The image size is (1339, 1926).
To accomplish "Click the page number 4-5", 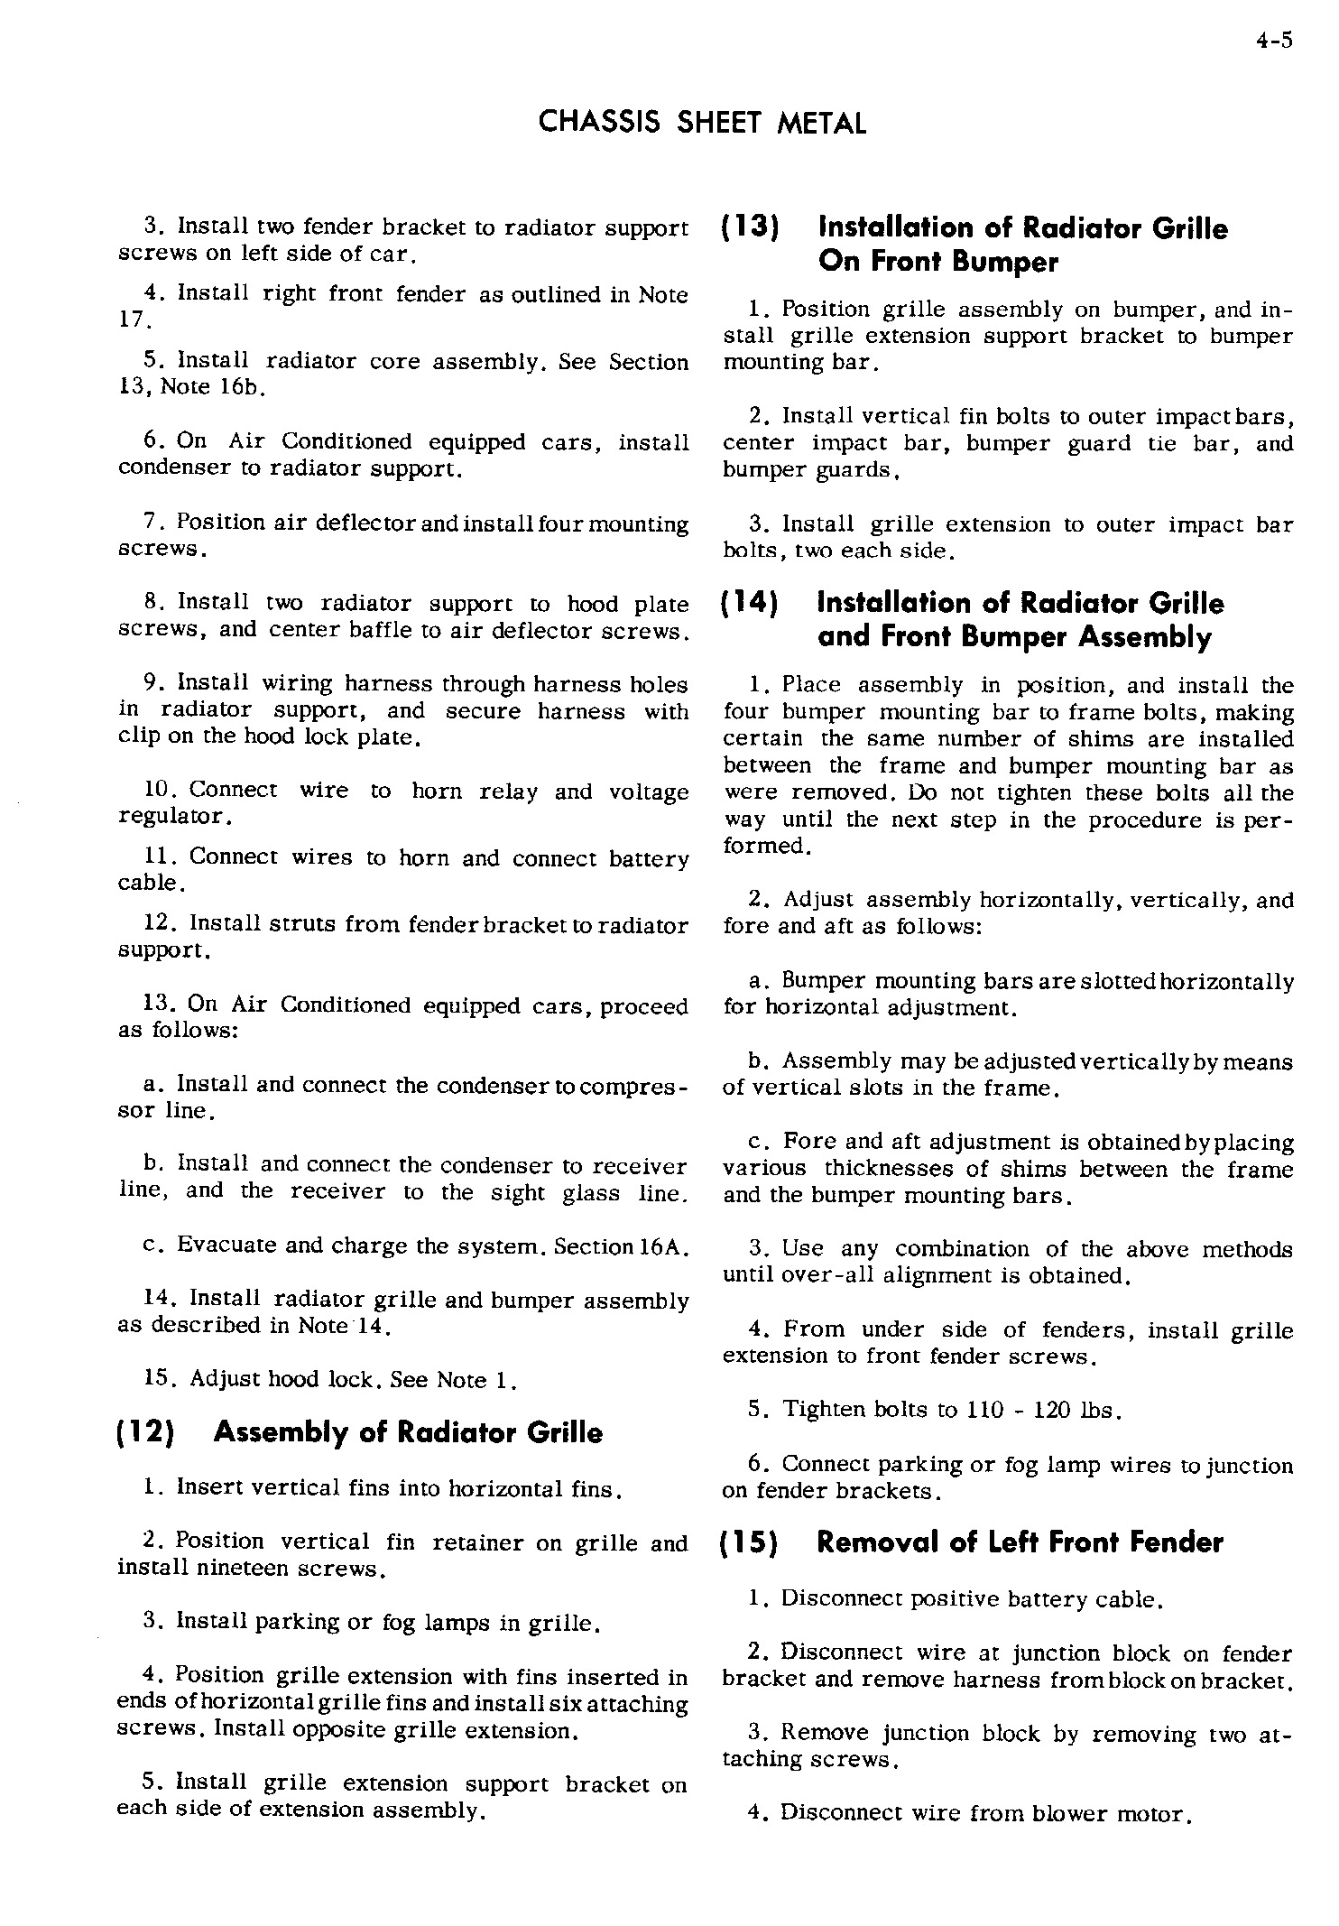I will click(x=1273, y=42).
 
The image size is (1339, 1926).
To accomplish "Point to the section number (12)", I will click(x=147, y=1432).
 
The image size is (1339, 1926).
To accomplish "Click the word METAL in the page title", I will click(x=821, y=123).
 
